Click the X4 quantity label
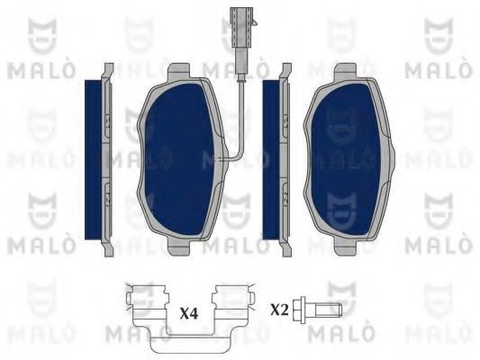tap(188, 313)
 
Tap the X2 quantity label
tap(279, 311)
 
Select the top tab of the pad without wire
tap(347, 69)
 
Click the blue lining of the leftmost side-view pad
tap(91, 157)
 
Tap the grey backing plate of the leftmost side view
tap(105, 157)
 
